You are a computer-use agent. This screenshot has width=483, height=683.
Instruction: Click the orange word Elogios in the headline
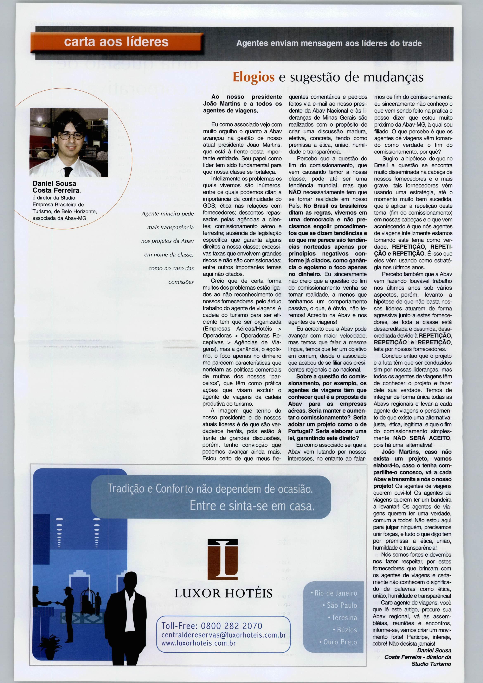point(254,77)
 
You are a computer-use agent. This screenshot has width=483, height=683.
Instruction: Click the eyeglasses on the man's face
point(70,136)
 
